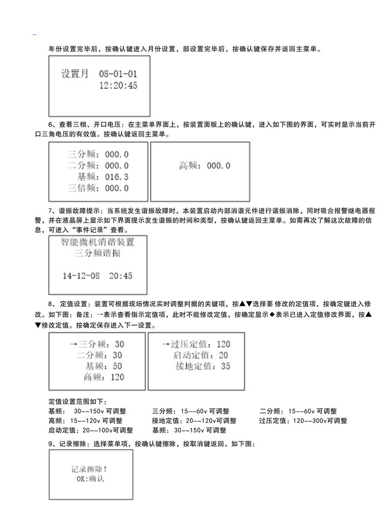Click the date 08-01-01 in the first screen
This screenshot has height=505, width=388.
118,74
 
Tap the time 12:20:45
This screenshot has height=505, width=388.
118,85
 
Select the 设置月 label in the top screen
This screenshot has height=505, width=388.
75,74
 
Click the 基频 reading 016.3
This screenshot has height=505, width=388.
116,177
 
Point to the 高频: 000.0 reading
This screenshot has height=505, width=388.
204,166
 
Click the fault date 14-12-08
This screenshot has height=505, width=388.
81,276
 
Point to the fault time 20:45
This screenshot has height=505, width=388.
121,276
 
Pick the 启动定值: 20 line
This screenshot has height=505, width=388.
201,355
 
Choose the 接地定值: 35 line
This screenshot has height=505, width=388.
203,366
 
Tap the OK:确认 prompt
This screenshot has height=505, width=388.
90,479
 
